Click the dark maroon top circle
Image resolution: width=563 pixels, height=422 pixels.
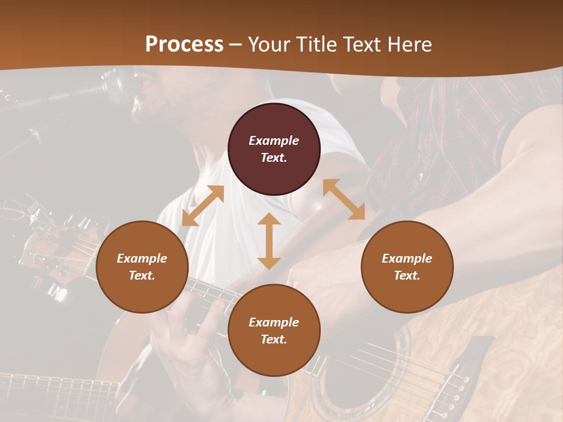[x=274, y=149]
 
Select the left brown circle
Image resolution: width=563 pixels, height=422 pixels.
[x=142, y=267]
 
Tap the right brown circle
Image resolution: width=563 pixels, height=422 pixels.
[x=407, y=267]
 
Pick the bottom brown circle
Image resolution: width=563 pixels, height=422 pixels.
[x=274, y=331]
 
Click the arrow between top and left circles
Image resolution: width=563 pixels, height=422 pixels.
[x=203, y=206]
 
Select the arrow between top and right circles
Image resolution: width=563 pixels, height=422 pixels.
[x=344, y=199]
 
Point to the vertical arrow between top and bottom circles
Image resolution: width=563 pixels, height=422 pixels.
[x=269, y=241]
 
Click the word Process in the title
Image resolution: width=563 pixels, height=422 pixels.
[x=184, y=44]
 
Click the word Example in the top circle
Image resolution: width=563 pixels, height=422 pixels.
[x=274, y=141]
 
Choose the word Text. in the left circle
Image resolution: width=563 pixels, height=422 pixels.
[x=142, y=275]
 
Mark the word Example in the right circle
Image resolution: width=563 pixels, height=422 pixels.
[x=407, y=258]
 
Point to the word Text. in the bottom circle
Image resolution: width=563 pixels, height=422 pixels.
[x=274, y=339]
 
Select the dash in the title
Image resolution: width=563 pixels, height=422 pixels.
[x=236, y=45]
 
